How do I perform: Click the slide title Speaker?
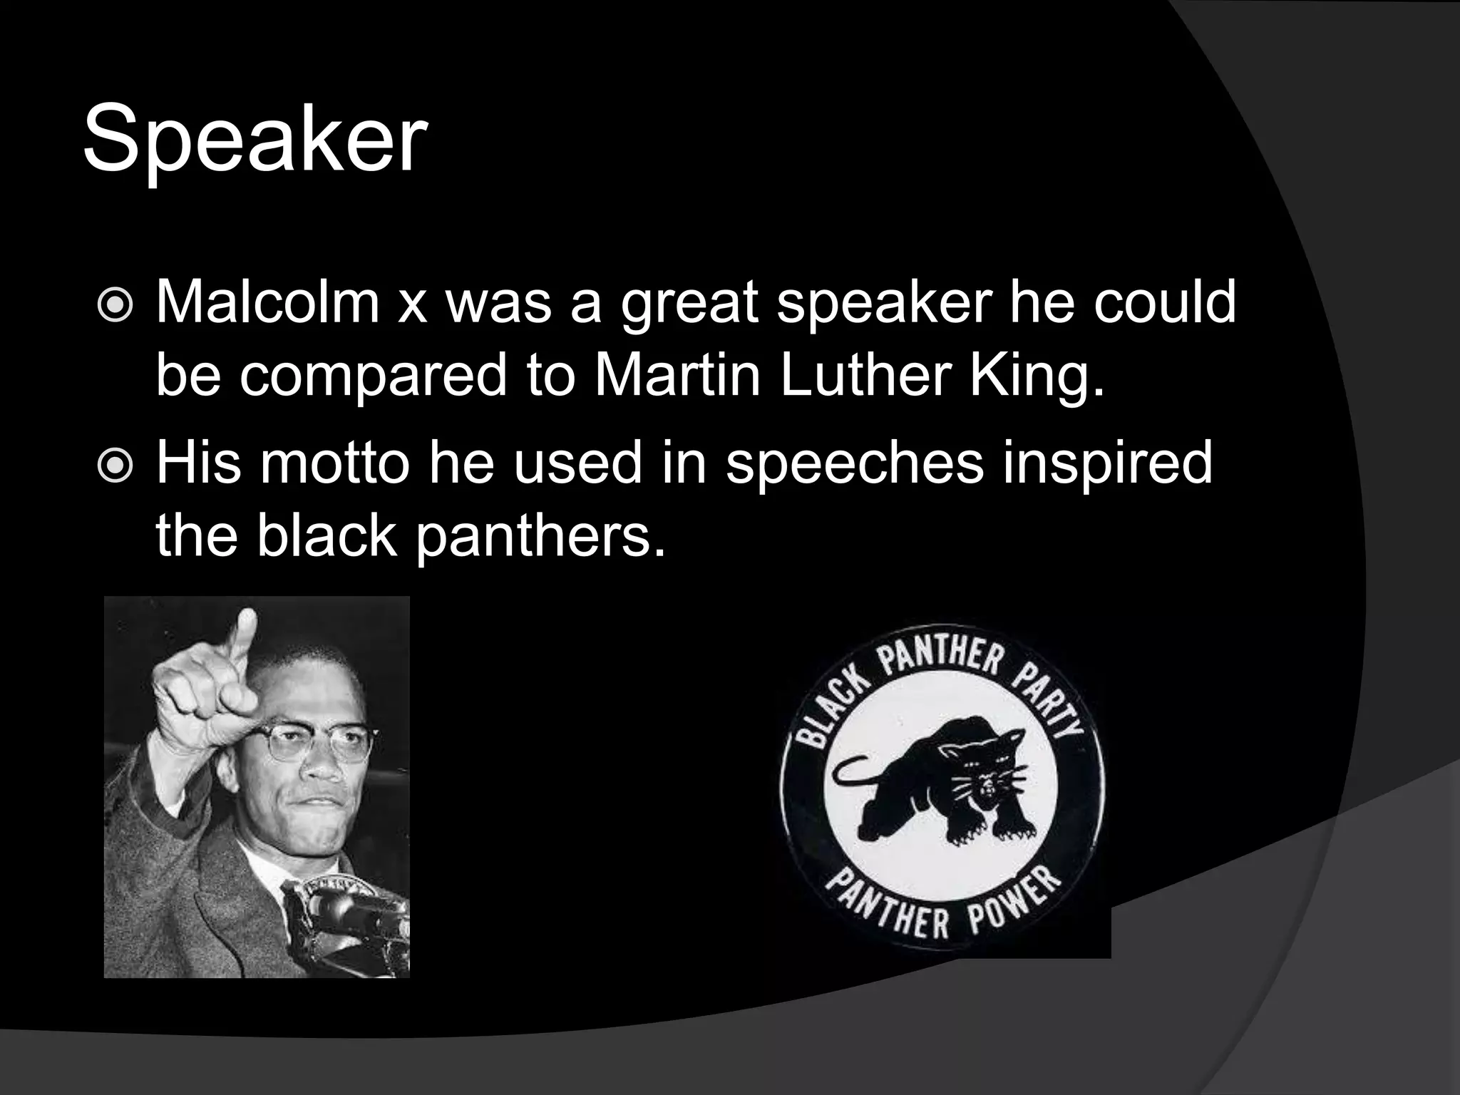[x=255, y=139]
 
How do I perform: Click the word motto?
[x=334, y=462]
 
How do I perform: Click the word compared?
[x=373, y=376]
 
